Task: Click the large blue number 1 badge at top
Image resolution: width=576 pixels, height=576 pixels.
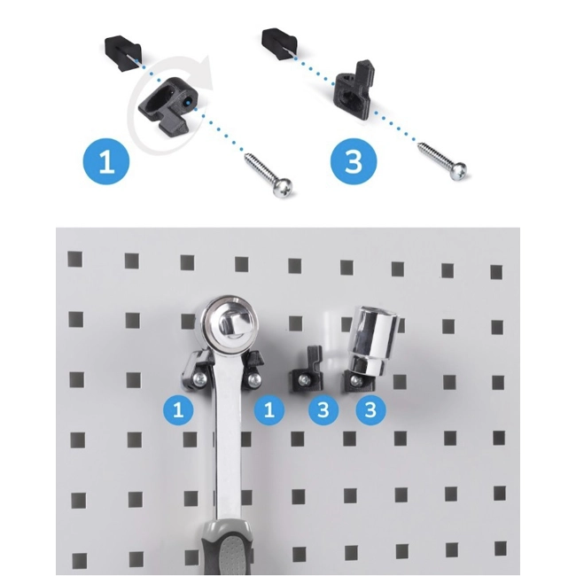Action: [106, 162]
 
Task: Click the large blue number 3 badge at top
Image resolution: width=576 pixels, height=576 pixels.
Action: [354, 161]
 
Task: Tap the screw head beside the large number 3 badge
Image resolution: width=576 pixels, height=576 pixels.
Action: [458, 171]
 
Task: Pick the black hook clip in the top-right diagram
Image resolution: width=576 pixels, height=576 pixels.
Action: [355, 86]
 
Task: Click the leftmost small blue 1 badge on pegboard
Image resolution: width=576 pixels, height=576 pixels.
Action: [178, 409]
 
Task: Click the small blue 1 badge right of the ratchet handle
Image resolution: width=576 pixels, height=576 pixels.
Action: [269, 409]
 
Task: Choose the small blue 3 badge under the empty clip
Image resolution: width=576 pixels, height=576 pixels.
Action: [323, 409]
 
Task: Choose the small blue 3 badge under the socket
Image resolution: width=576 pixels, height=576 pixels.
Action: [370, 409]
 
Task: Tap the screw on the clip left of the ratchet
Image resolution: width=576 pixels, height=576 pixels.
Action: [199, 379]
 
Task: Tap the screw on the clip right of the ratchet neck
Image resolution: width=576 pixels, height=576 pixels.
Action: [252, 378]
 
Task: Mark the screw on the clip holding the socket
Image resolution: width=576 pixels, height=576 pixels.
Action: [354, 380]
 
